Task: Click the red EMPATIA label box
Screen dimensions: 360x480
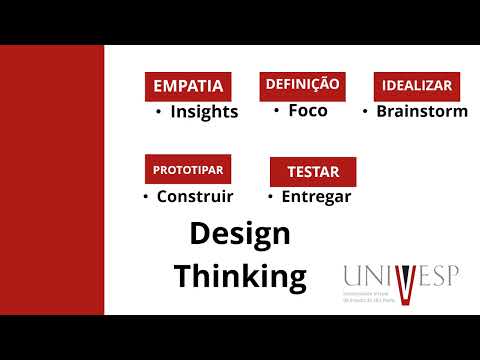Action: coord(188,86)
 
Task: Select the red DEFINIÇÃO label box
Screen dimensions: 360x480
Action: coord(302,85)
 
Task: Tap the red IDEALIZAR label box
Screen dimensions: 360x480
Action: coord(415,86)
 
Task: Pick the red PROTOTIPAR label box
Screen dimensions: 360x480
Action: coord(188,168)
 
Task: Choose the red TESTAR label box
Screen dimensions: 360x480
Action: coord(312,171)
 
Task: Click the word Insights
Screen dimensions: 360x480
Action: coord(204,112)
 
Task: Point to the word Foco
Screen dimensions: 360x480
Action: coord(307,110)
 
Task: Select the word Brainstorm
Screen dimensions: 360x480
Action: coord(421,111)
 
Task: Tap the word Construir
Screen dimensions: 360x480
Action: coord(195,196)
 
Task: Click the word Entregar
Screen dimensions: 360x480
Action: coord(316,196)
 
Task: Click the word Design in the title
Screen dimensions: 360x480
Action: coord(240,234)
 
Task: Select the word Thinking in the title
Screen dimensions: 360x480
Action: coord(240,275)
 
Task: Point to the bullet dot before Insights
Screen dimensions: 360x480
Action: coord(159,111)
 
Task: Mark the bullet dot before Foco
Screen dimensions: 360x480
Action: coord(276,110)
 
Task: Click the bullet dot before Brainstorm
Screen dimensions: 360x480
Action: coord(365,111)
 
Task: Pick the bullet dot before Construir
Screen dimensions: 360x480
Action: coord(146,196)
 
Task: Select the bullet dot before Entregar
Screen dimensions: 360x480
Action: coord(271,196)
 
